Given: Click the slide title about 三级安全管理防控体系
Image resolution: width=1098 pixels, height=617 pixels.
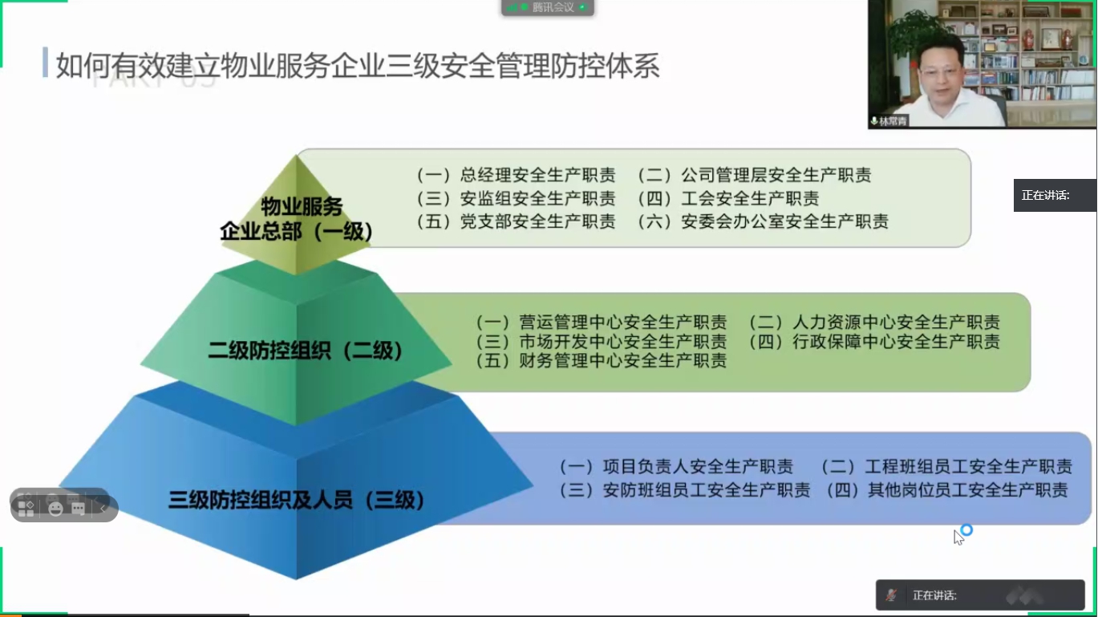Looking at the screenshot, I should click(x=358, y=67).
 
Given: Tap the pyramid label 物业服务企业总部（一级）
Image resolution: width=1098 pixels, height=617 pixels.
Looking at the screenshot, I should click(x=298, y=219).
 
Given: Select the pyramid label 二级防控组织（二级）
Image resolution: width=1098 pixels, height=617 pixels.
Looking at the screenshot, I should click(x=305, y=351).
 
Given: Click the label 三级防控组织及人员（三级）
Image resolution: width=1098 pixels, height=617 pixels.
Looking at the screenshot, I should click(x=296, y=501).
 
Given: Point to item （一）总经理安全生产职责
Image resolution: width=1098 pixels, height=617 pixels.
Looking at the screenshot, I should click(x=516, y=175).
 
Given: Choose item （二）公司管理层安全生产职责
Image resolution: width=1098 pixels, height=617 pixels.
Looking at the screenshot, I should click(x=754, y=175).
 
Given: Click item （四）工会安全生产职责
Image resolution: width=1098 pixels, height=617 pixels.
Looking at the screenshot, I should click(x=728, y=198).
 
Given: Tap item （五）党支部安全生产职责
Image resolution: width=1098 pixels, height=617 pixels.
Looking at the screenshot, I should click(x=516, y=221).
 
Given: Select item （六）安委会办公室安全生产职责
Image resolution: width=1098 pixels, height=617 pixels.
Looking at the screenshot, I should click(x=763, y=221).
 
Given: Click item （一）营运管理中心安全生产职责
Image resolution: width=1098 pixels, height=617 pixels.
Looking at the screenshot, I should click(x=601, y=323).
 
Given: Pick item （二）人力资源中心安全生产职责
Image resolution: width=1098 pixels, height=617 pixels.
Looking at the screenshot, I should click(x=874, y=323).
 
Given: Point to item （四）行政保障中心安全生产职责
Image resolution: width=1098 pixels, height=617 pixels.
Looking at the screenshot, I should click(x=874, y=342).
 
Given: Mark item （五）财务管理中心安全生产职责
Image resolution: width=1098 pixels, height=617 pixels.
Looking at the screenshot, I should click(x=601, y=361).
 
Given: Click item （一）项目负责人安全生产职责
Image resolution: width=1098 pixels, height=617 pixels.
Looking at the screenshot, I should click(x=676, y=466).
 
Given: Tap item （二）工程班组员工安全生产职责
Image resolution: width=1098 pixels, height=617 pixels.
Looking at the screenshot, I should click(x=946, y=466).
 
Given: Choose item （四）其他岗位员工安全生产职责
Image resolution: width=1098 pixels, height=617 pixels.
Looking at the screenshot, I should click(x=946, y=489).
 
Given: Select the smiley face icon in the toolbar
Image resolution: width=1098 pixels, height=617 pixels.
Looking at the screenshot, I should click(x=55, y=509).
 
